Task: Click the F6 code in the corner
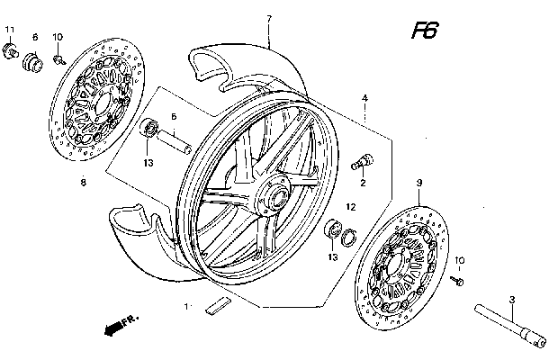coord(424,32)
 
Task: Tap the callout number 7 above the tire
coord(268,20)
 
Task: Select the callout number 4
coord(365,97)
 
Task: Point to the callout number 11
coord(10,31)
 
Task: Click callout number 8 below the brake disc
coord(83,183)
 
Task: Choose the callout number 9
coord(418,183)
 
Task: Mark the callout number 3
coord(510,299)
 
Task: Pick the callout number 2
coord(363,183)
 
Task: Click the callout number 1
coord(187,307)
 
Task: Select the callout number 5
coord(175,115)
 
